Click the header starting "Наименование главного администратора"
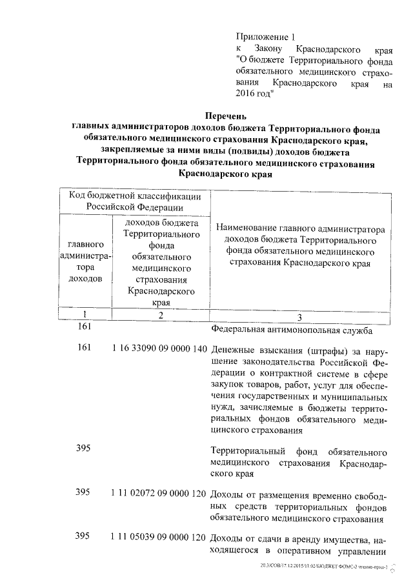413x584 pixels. pyautogui.click(x=300, y=245)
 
